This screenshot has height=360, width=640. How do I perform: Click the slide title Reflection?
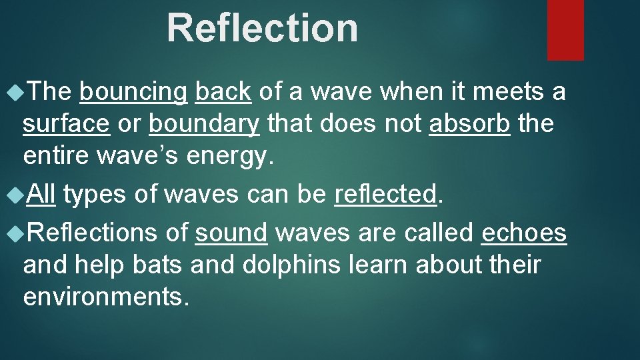262,28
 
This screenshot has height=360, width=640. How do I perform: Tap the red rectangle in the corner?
565,29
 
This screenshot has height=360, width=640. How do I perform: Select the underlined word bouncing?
133,92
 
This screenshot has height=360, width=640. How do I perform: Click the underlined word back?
223,92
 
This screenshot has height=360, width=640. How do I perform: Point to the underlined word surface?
66,123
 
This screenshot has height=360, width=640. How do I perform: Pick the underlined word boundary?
203,123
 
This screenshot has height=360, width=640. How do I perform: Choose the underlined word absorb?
469,123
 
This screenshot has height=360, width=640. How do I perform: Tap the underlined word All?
42,194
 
